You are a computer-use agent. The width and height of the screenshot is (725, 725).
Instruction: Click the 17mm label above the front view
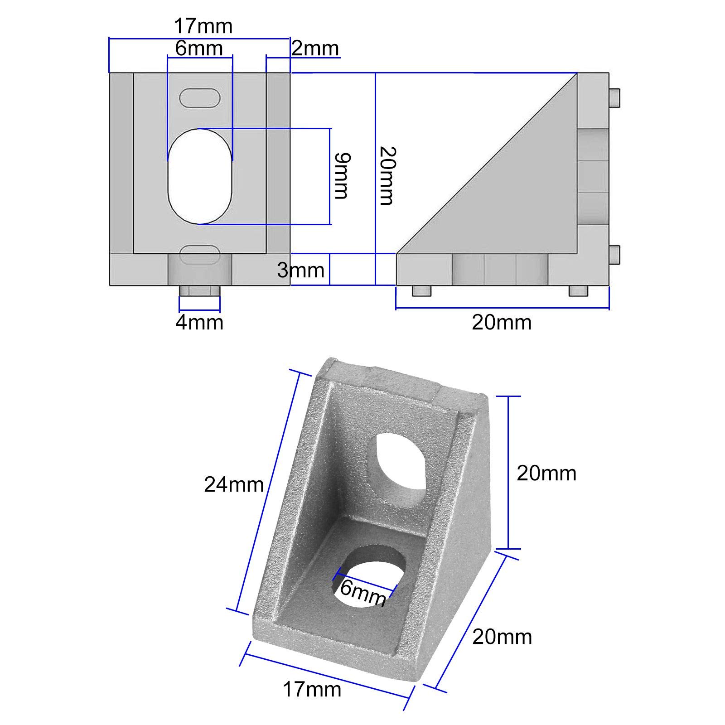(x=203, y=26)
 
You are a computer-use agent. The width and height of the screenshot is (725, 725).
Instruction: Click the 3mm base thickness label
(x=301, y=271)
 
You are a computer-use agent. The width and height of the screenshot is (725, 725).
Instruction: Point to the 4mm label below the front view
(x=199, y=323)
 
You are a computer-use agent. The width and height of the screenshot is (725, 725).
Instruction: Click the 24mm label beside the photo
(x=234, y=484)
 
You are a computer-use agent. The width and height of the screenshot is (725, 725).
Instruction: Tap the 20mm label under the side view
(x=502, y=323)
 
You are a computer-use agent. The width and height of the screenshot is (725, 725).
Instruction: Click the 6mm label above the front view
(x=199, y=48)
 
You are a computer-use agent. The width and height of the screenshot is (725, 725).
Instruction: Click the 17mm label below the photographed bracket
(x=312, y=690)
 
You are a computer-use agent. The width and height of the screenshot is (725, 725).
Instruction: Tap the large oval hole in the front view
(x=200, y=176)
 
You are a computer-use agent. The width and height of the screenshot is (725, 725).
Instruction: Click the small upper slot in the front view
(x=200, y=98)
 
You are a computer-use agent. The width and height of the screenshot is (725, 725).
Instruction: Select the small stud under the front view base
(x=200, y=290)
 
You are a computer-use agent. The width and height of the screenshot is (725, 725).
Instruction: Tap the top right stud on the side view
(x=614, y=98)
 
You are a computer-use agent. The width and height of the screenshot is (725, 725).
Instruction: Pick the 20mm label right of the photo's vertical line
(x=546, y=474)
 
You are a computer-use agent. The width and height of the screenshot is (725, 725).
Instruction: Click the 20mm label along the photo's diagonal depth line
(x=502, y=637)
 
